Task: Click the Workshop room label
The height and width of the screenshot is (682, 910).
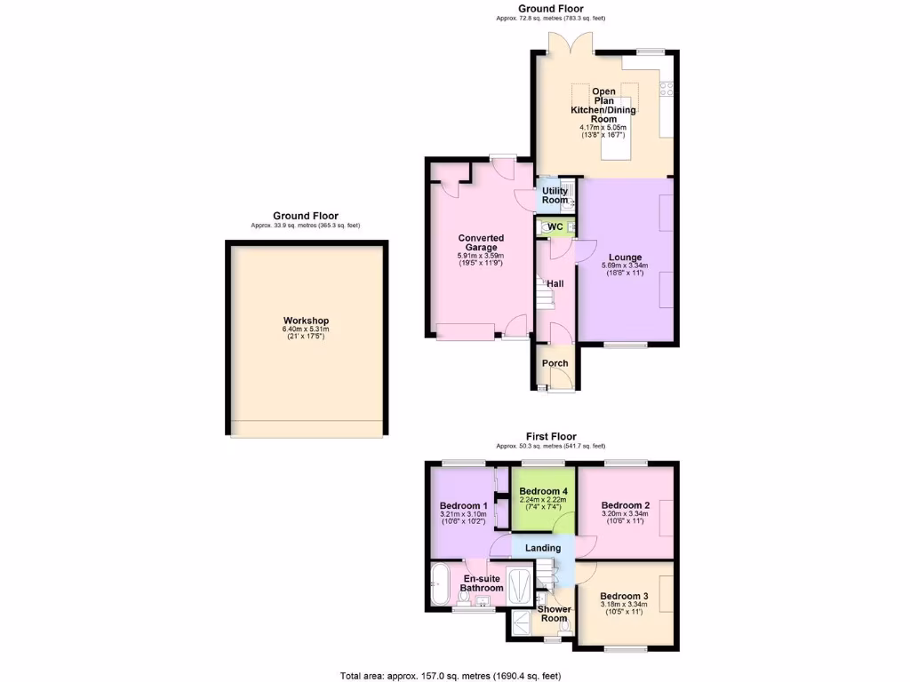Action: pos(306,321)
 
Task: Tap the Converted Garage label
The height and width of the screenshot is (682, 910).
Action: pos(481,242)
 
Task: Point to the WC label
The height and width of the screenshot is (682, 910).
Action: pos(555,227)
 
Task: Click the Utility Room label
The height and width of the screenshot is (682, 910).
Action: pos(555,195)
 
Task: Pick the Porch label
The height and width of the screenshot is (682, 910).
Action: pos(555,363)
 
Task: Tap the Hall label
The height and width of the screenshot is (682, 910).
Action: pos(555,283)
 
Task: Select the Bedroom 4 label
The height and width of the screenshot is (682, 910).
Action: pos(543,492)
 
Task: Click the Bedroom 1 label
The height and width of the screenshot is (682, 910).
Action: pos(459,505)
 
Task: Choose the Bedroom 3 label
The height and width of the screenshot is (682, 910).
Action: pos(623,596)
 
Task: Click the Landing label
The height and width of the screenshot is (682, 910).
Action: pos(543,548)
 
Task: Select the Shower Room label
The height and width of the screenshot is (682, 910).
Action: pos(555,614)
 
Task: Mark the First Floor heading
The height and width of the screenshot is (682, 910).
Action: pos(551,436)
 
